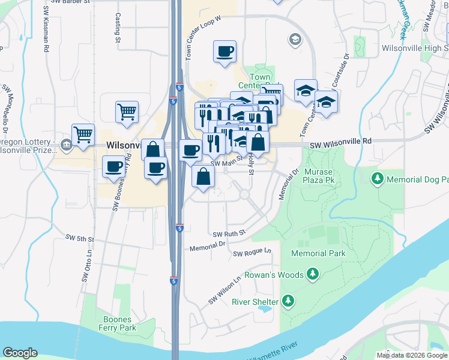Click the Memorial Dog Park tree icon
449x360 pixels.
pyautogui.click(x=378, y=179)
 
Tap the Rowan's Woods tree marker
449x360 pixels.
pyautogui.click(x=312, y=275)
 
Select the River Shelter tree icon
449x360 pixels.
pyautogui.click(x=289, y=301)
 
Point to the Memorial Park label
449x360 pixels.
pyautogui.click(x=318, y=253)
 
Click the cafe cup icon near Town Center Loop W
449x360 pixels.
pyautogui.click(x=225, y=51)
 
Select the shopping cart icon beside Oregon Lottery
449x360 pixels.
pyautogui.click(x=83, y=134)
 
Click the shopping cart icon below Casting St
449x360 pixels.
pyautogui.click(x=127, y=112)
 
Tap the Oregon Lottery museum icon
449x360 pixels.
pyautogui.click(x=66, y=144)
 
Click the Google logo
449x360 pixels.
pyautogui.click(x=20, y=353)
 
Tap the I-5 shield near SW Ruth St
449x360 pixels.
pyautogui.click(x=179, y=228)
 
